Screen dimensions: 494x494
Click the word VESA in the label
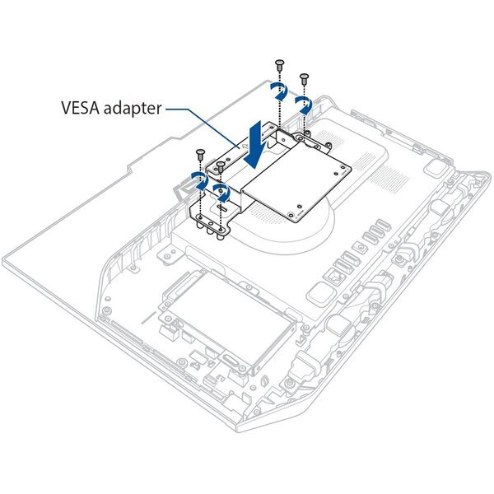pos(81,109)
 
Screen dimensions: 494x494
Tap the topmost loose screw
pos(280,63)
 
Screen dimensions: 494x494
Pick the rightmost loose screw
pos(305,78)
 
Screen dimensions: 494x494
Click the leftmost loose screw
pos(199,152)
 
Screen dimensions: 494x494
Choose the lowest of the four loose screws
pos(221,165)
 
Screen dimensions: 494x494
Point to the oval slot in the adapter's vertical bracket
pos(223,209)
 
